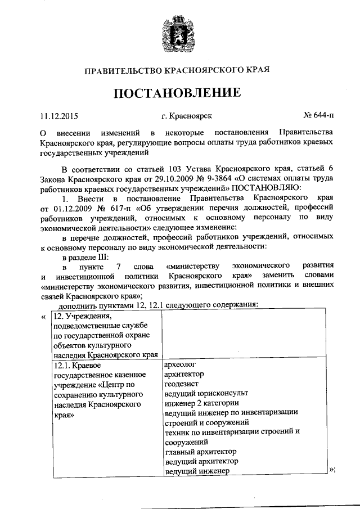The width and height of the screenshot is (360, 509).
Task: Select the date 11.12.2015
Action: click(58, 117)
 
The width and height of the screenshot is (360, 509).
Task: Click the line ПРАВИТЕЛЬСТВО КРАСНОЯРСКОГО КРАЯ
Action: click(178, 70)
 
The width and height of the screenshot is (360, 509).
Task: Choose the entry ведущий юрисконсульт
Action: click(206, 393)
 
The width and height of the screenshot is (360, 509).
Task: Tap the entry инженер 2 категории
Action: click(201, 403)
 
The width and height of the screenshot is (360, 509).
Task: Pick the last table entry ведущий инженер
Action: click(197, 471)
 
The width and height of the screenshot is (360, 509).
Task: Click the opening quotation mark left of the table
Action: click(44, 316)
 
